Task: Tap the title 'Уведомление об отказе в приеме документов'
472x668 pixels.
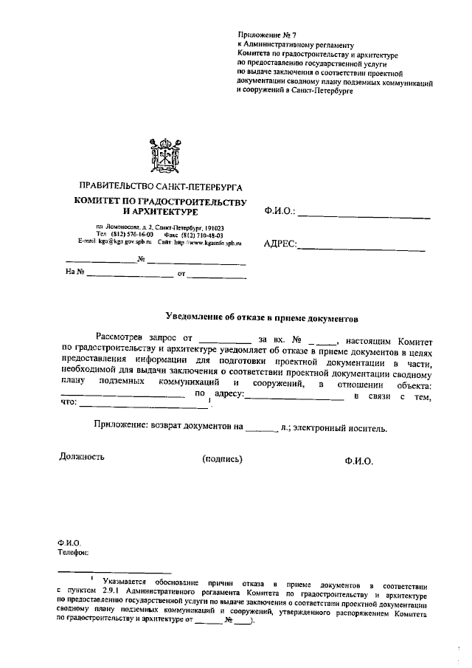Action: pos(261,320)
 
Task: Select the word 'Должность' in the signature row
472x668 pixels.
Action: pos(81,456)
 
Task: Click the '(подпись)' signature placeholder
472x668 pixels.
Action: pos(222,459)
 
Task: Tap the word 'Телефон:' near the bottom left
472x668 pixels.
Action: pos(73,551)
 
